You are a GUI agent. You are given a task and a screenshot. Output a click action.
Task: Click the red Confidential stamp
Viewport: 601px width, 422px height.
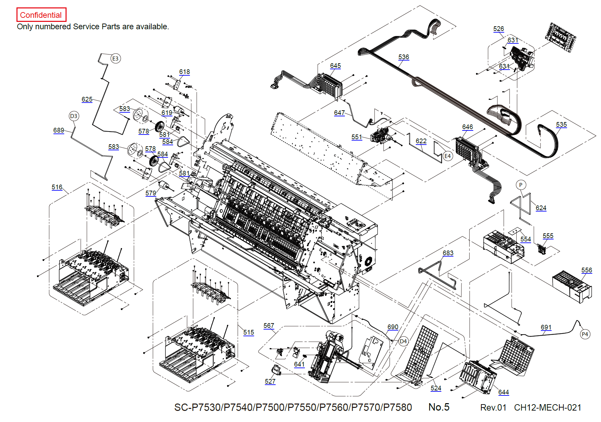(41, 15)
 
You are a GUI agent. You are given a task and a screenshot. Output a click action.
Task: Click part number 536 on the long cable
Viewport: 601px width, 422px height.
(404, 57)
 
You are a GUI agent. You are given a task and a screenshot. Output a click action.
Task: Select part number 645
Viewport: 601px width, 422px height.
(335, 66)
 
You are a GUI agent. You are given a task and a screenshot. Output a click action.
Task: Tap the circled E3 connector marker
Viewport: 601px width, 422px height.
(115, 59)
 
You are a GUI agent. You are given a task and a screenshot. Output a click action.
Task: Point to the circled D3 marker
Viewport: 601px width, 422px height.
(74, 116)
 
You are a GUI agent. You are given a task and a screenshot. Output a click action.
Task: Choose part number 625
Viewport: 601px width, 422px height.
(87, 100)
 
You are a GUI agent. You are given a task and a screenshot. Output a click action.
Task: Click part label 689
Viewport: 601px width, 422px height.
(59, 130)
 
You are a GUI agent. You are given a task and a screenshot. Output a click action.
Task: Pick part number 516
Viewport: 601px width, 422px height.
(57, 187)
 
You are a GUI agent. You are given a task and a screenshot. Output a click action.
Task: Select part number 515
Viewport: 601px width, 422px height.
(249, 333)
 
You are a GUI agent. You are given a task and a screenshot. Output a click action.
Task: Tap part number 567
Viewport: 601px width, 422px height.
(269, 326)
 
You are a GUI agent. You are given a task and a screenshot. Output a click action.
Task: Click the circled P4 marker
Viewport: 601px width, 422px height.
(585, 334)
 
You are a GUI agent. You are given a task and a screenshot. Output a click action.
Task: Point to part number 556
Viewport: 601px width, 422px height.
(587, 270)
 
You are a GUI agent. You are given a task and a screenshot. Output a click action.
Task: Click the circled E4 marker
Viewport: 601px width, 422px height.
(447, 156)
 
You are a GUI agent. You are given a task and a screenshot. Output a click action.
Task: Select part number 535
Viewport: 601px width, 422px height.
(561, 125)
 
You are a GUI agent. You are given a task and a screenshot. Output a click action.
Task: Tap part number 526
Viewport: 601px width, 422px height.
(499, 29)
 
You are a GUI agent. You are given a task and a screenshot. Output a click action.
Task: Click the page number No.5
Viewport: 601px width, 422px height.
(439, 407)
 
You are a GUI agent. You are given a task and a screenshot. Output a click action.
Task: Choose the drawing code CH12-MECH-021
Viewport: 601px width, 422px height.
(548, 408)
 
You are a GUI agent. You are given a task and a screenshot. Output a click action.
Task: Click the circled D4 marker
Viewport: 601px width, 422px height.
(403, 342)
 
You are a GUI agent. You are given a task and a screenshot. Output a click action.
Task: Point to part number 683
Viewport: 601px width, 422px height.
(448, 253)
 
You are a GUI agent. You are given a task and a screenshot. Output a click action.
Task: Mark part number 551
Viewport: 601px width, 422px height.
(357, 137)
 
